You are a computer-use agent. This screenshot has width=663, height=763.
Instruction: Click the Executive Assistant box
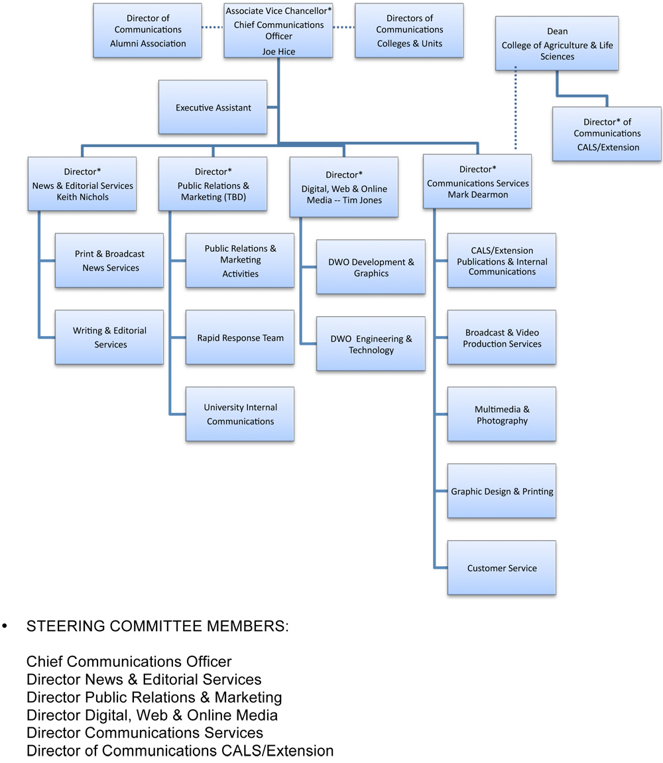click(213, 107)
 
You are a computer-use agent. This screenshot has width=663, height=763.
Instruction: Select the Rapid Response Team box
click(240, 337)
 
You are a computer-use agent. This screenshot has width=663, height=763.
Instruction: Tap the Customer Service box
click(502, 568)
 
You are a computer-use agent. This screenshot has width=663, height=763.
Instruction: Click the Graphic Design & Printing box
click(502, 491)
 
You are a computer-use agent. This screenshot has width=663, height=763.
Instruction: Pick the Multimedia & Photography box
click(502, 414)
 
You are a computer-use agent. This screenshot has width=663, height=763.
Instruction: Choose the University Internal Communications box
click(240, 414)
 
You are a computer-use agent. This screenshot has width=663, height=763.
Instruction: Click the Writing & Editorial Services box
click(109, 337)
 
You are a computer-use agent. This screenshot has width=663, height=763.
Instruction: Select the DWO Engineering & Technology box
click(371, 344)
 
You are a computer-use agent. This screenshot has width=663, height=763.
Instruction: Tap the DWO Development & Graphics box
click(371, 267)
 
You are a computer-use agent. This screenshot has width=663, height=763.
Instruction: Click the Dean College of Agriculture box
click(557, 44)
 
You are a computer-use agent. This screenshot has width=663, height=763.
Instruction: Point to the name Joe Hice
click(278, 51)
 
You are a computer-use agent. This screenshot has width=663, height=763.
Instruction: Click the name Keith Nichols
click(82, 197)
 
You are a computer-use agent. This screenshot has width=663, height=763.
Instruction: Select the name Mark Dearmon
click(477, 194)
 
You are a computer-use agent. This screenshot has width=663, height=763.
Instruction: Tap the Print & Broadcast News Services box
click(109, 261)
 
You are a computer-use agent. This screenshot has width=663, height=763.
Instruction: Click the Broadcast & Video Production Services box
click(502, 337)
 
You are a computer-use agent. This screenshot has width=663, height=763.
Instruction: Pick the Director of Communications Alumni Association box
click(148, 30)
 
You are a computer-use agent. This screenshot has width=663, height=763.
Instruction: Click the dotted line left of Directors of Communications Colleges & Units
click(343, 27)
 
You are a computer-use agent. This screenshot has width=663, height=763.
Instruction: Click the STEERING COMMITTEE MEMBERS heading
click(157, 626)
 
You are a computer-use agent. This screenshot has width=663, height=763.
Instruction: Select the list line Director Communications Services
click(145, 733)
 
